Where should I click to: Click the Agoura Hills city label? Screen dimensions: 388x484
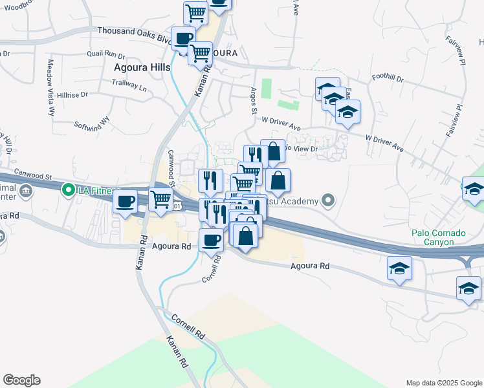(142, 67)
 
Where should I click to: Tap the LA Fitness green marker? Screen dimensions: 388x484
(67, 190)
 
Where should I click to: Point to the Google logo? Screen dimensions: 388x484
(21, 380)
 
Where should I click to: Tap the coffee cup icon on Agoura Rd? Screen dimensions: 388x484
(210, 241)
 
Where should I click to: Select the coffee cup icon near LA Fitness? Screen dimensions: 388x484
(125, 201)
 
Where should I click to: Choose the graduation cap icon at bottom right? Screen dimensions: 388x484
(468, 288)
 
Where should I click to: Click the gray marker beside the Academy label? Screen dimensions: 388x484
(329, 200)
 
